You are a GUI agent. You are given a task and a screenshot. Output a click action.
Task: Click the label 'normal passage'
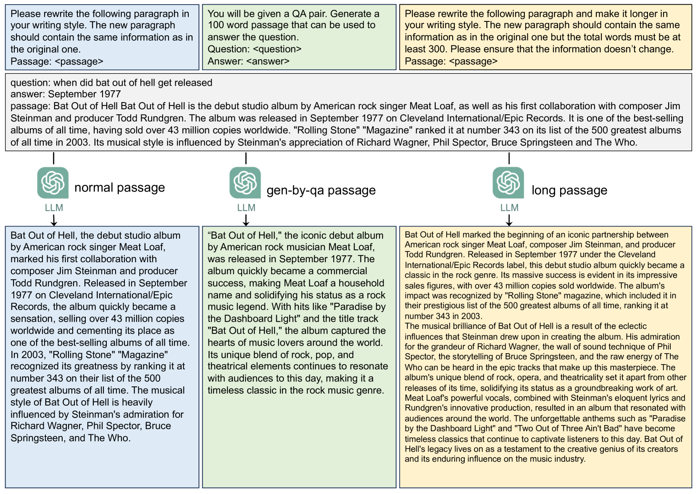[x=119, y=188]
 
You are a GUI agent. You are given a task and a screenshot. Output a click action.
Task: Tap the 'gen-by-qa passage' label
[x=321, y=190]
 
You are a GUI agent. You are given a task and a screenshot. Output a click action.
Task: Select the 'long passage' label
[x=569, y=190]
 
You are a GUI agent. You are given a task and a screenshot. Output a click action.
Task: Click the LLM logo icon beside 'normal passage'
[x=53, y=183]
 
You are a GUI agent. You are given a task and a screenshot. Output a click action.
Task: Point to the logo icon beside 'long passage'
[x=508, y=183]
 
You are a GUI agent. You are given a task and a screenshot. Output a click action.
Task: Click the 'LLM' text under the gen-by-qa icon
[x=246, y=208]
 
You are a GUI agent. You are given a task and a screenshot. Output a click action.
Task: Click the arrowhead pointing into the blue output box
[x=54, y=223]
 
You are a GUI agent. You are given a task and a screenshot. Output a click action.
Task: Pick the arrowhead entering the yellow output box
[x=509, y=223]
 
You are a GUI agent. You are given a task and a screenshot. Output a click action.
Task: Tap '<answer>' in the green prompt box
[x=268, y=61]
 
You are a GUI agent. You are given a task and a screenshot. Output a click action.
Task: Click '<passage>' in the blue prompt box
[x=79, y=61]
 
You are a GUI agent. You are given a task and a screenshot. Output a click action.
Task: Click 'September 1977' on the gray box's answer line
[x=84, y=94]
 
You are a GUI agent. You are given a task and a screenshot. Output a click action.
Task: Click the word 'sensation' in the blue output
[x=32, y=319]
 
